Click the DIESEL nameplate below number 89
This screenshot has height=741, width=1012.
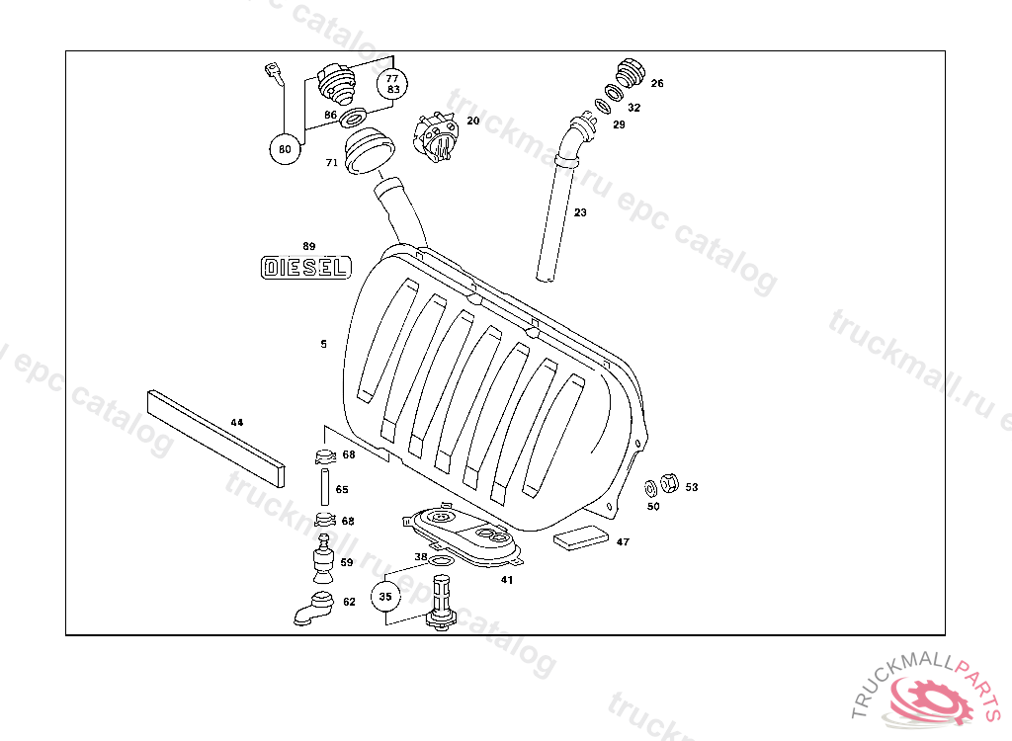305,268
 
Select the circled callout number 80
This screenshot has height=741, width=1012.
285,150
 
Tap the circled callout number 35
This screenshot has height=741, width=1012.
385,597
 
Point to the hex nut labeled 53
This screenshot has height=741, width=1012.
667,484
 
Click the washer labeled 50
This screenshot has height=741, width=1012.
651,488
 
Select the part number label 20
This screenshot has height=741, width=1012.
473,121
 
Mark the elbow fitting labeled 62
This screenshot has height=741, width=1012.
313,610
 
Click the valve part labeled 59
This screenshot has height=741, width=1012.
322,558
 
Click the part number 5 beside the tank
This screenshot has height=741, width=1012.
323,344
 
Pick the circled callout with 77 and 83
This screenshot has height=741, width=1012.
392,83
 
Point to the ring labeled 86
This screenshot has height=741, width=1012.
358,114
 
